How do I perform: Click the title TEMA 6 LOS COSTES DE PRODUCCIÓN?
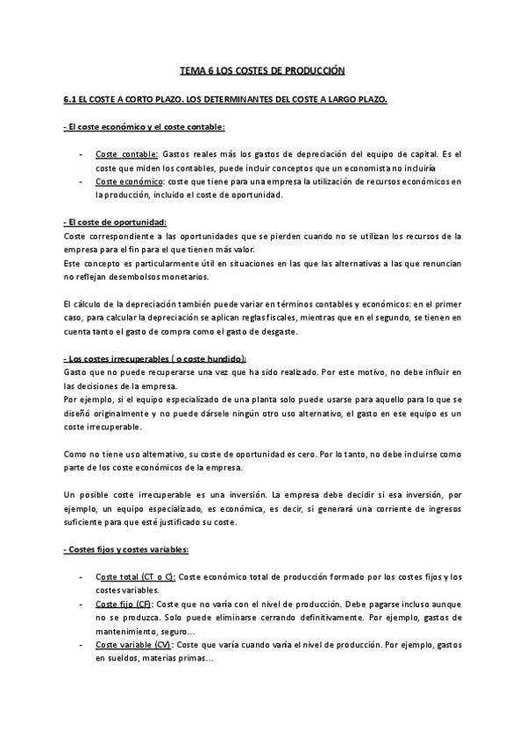pyautogui.click(x=263, y=70)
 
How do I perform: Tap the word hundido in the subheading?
pyautogui.click(x=224, y=359)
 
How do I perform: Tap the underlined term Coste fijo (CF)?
pyautogui.click(x=124, y=605)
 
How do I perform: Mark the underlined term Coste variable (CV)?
pyautogui.click(x=133, y=646)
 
